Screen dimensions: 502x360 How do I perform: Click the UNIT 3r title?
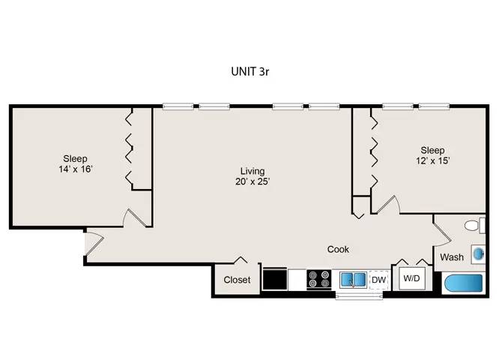(x=250, y=71)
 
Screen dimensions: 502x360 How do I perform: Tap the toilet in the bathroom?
(x=475, y=225)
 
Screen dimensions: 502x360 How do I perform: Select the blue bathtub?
(x=464, y=283)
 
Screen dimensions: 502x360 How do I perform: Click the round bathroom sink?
(x=478, y=254)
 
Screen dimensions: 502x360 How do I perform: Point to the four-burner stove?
(x=319, y=279)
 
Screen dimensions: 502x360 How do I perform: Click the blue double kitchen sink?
(x=353, y=280)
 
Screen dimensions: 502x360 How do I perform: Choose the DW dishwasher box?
(x=378, y=280)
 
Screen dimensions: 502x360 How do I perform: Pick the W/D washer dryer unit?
(x=411, y=278)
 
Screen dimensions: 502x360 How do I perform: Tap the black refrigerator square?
(x=275, y=279)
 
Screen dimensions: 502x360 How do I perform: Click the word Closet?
(x=237, y=280)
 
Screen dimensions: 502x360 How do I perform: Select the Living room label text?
(x=252, y=171)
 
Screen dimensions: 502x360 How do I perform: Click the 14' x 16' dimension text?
(x=76, y=169)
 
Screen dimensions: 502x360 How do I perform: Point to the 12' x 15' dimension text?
(x=433, y=160)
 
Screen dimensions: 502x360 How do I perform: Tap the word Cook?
(x=338, y=249)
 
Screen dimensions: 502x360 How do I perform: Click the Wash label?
(x=452, y=257)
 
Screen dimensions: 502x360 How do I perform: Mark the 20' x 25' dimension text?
(x=252, y=181)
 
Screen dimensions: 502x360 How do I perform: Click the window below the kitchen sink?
(x=359, y=296)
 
